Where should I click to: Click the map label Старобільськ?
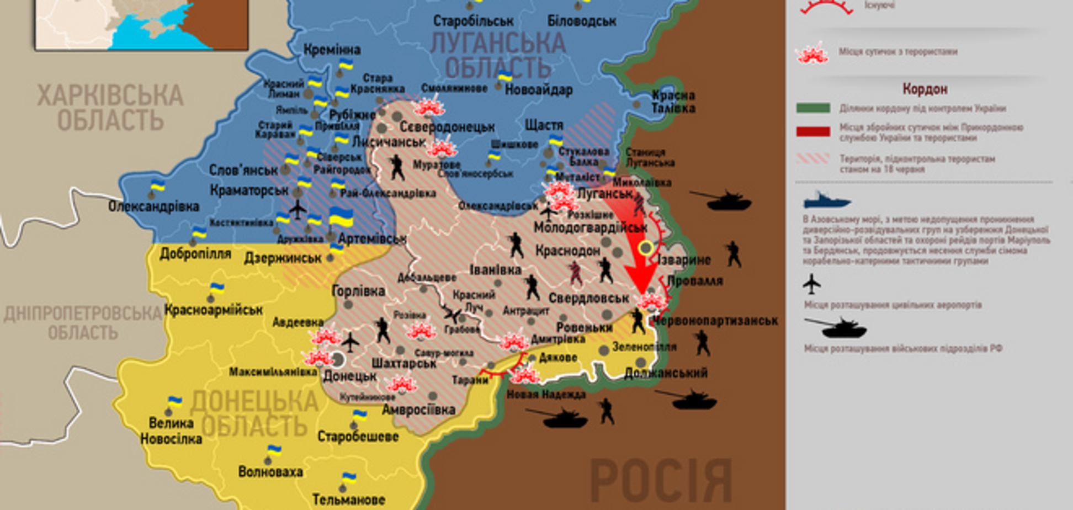point(473,21)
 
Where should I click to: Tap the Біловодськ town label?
point(581,21)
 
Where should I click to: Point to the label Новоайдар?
point(538,89)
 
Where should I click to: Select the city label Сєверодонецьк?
point(447,127)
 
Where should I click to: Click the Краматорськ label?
point(249,190)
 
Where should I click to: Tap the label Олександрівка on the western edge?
point(153,206)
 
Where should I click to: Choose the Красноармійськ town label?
point(214,310)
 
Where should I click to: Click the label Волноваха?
point(270,472)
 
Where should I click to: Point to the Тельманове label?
point(348,500)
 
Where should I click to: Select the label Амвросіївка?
point(418,410)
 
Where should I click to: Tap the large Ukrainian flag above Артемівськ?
point(341,217)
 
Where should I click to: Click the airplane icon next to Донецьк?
point(350,342)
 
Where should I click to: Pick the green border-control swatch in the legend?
point(812,108)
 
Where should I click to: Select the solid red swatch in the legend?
point(812,131)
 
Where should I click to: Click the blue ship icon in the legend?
point(826,200)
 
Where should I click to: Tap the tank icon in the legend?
point(837,328)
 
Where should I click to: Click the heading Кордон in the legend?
point(925,89)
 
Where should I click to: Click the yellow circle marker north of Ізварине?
point(645,248)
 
